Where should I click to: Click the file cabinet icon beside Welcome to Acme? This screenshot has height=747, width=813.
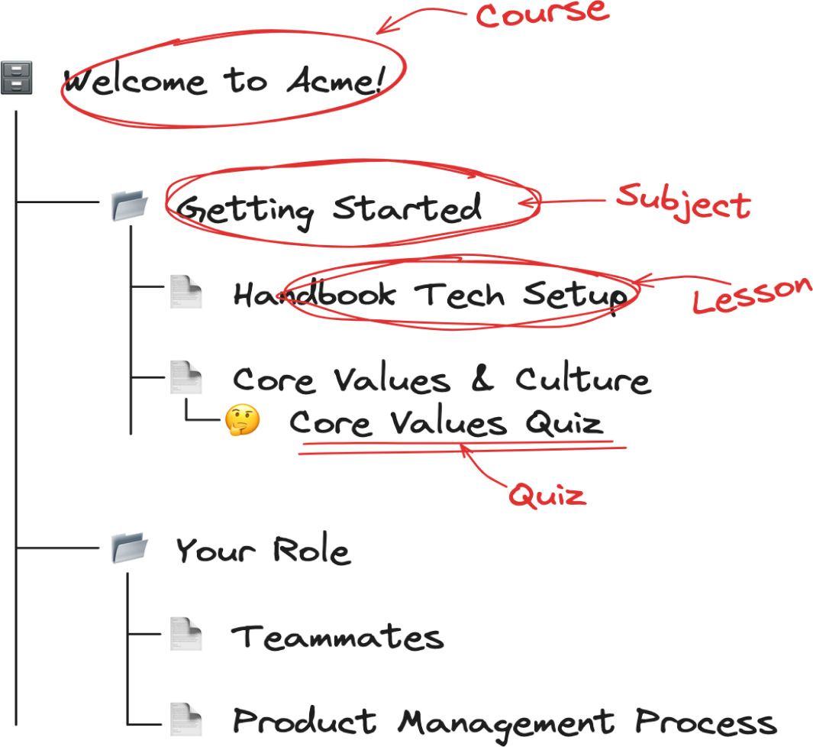[x=17, y=78]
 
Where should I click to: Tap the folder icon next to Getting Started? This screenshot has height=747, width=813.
[x=130, y=205]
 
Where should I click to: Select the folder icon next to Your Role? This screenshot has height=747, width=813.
[x=130, y=548]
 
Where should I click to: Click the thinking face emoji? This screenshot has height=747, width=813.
[x=242, y=419]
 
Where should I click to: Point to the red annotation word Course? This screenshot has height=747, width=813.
[x=542, y=14]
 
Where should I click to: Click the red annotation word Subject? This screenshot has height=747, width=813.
[x=683, y=202]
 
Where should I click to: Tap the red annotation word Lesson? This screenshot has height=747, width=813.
[x=752, y=295]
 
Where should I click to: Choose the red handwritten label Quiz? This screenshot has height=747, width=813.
[x=547, y=494]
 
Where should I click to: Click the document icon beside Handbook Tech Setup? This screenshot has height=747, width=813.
[x=186, y=292]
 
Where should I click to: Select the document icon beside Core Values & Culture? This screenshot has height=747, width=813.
[x=186, y=377]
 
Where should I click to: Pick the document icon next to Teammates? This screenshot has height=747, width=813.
[x=186, y=634]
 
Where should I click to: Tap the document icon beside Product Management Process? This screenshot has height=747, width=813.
[x=186, y=720]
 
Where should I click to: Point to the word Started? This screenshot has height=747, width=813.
[x=407, y=208]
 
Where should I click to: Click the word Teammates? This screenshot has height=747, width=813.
[x=337, y=636]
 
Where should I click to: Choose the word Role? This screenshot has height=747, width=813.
[x=311, y=549]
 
